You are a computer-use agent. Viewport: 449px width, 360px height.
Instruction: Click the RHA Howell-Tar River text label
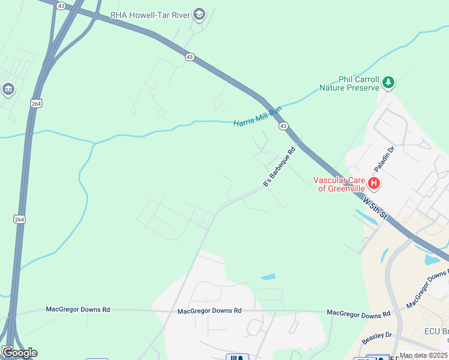(x=150, y=15)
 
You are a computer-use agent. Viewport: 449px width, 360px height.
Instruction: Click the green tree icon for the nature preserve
(x=388, y=82)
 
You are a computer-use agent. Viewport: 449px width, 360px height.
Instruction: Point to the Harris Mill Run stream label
(x=258, y=116)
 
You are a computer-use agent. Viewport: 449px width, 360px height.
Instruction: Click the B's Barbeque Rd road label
(x=280, y=167)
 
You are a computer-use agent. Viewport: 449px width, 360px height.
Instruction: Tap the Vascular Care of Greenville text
(x=339, y=184)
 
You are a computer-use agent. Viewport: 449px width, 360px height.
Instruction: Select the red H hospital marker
(x=374, y=182)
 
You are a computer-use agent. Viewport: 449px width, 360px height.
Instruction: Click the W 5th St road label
(x=376, y=206)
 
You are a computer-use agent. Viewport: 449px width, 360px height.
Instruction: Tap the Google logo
(x=19, y=353)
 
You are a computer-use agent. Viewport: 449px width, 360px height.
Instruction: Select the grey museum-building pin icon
(x=8, y=90)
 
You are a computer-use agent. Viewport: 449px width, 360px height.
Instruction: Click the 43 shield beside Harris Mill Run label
(x=283, y=126)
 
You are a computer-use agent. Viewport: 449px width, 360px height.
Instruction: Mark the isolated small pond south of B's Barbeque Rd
(x=268, y=277)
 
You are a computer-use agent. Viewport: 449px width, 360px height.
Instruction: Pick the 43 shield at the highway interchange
(x=61, y=5)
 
